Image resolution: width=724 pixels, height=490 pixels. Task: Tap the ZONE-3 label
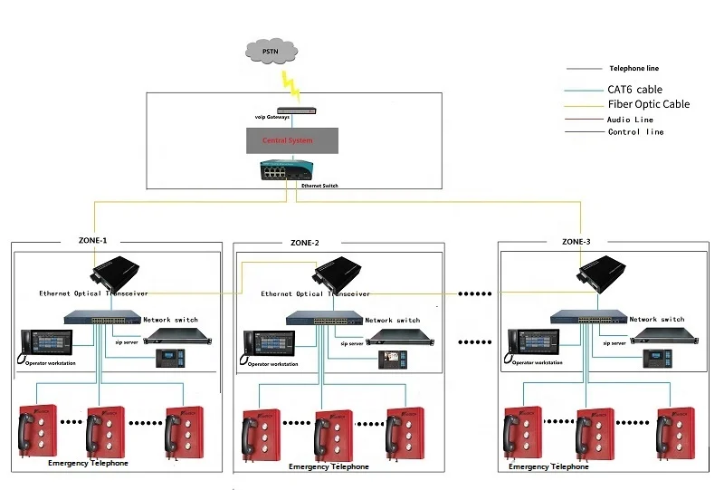click(x=576, y=242)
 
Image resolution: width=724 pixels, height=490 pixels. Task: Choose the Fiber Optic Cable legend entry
click(x=648, y=104)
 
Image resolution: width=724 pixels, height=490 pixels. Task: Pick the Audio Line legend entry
click(x=631, y=120)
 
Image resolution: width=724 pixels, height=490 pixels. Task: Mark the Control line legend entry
click(x=635, y=132)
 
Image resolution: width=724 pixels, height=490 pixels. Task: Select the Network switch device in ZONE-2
click(x=325, y=319)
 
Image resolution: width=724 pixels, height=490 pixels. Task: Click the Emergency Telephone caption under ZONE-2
click(x=329, y=467)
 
